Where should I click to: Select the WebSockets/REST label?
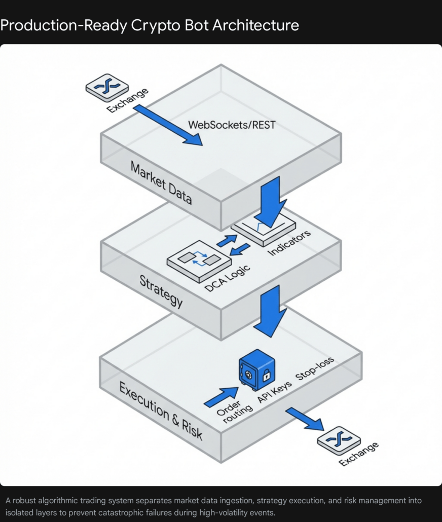(232, 125)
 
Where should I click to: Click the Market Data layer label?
(161, 182)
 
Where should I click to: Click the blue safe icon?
(256, 371)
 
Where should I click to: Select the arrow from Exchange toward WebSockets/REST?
(167, 125)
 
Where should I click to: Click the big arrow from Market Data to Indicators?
(272, 203)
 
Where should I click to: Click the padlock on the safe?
(266, 376)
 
